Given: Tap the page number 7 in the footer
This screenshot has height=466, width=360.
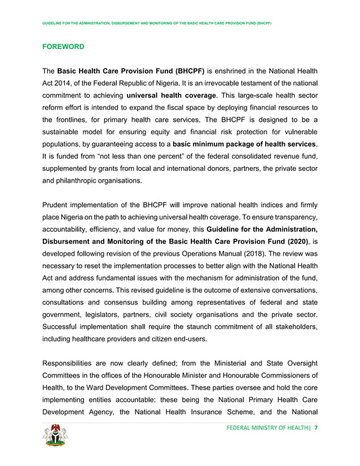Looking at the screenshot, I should pyautogui.click(x=316, y=428).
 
